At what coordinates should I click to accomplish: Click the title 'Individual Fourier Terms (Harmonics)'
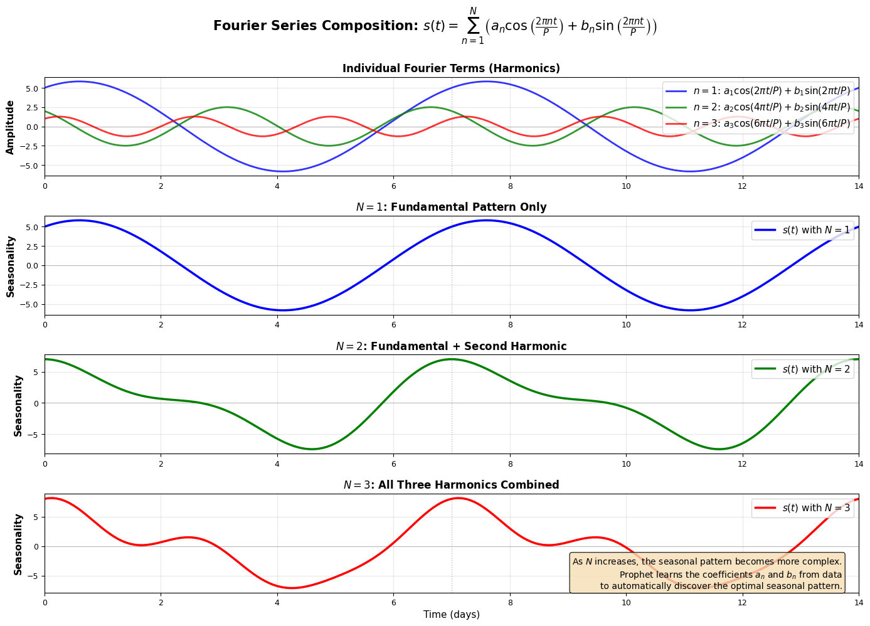pos(451,68)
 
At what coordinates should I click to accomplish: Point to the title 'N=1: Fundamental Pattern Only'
pos(451,207)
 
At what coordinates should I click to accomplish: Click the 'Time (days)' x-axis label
pos(451,615)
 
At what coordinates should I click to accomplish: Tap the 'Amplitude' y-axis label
pos(10,127)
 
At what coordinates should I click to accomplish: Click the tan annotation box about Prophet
pos(707,573)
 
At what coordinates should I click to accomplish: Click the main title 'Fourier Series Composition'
pos(435,26)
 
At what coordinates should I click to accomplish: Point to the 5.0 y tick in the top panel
pos(31,88)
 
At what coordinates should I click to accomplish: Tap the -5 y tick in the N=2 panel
pos(35,434)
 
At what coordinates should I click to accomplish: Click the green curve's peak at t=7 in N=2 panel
pos(452,359)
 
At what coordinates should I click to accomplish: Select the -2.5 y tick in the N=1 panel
pos(30,285)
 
